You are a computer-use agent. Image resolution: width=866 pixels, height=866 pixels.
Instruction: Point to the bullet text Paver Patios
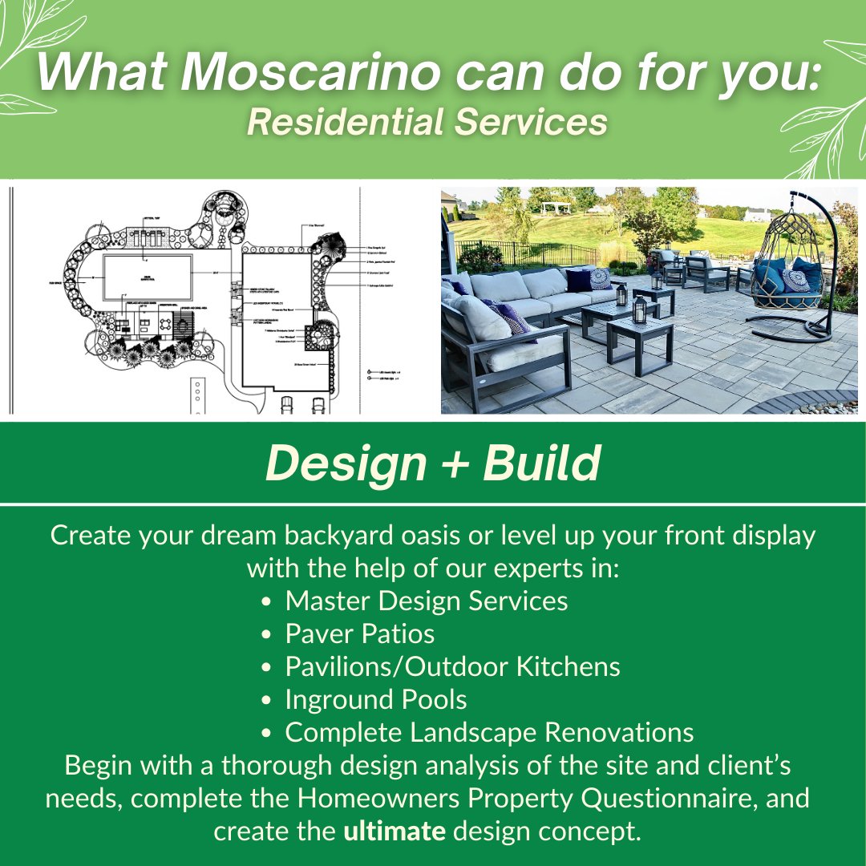[359, 634]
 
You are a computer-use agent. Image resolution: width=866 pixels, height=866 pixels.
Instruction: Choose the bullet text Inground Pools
[375, 699]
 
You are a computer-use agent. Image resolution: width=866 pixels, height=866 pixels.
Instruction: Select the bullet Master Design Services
[426, 601]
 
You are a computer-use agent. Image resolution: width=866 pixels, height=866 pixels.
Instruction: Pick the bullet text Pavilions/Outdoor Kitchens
[452, 666]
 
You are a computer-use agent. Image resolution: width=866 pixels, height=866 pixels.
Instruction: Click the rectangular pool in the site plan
[148, 276]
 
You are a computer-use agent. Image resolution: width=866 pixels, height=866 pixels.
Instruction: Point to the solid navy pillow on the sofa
[577, 280]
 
